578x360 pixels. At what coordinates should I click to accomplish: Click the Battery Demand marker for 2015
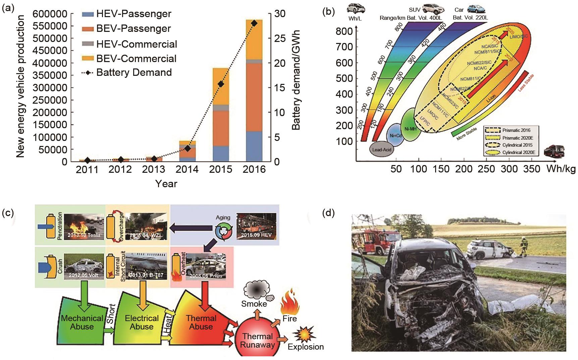click(x=221, y=84)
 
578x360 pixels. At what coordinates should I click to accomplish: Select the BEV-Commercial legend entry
click(x=136, y=58)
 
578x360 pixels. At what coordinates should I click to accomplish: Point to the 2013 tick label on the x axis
click(x=154, y=169)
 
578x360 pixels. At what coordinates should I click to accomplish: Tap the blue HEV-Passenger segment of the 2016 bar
click(x=254, y=146)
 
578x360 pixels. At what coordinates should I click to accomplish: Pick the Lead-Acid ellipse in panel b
click(x=382, y=149)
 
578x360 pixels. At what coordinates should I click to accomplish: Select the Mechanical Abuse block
click(x=82, y=322)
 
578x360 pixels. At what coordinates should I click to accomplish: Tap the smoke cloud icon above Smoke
click(x=258, y=289)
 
